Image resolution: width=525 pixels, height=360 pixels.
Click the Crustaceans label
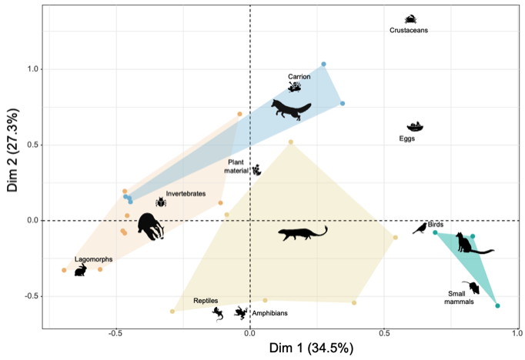[x=408, y=31]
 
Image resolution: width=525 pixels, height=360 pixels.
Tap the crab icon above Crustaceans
[x=411, y=19]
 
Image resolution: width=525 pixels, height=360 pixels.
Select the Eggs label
[x=408, y=139]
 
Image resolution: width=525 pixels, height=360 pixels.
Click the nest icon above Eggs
[x=415, y=126]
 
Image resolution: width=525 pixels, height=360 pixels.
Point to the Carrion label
[x=299, y=77]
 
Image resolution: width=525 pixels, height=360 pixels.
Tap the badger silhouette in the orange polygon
[x=150, y=226]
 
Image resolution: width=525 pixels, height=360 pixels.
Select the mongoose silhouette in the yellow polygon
[x=303, y=233]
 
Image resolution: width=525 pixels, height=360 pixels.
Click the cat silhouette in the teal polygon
[x=470, y=244]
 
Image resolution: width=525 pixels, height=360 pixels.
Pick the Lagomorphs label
[x=93, y=260]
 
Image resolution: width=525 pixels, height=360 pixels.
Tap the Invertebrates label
[x=186, y=194]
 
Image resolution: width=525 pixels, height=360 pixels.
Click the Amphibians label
[x=269, y=313]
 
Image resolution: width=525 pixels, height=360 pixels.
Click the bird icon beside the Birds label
[x=420, y=228]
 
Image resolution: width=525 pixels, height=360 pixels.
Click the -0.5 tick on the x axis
[x=115, y=335]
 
